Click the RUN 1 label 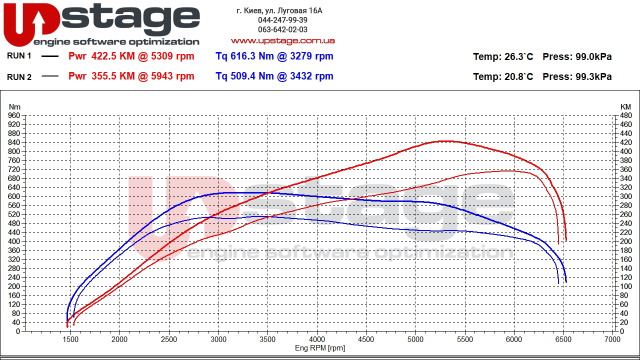19,56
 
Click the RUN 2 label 19,77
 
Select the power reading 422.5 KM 113,56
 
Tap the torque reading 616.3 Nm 253,56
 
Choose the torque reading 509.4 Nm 253,76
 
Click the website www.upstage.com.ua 282,40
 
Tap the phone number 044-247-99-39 282,20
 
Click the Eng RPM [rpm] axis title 319,348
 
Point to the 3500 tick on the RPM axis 267,339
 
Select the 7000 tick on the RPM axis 612,339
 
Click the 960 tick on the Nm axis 13,115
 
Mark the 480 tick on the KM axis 625,115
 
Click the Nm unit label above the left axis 14,106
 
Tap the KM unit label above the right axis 625,106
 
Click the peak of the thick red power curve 445,141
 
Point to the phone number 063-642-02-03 282,29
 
